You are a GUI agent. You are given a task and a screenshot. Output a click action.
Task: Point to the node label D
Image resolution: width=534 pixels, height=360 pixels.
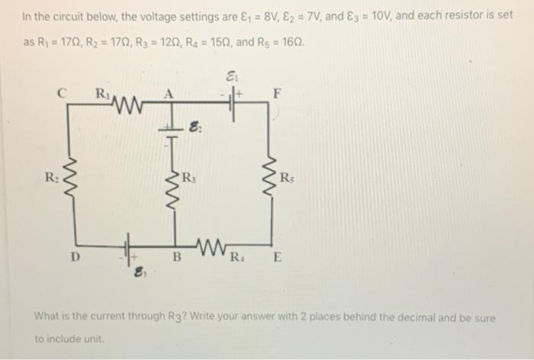point(74,256)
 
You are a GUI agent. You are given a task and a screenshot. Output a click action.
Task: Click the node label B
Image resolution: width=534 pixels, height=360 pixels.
point(175,257)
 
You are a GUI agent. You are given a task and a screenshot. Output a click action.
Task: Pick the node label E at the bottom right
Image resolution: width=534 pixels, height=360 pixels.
point(278,257)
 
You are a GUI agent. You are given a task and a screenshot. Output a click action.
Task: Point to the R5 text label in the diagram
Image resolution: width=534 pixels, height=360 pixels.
point(285,180)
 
